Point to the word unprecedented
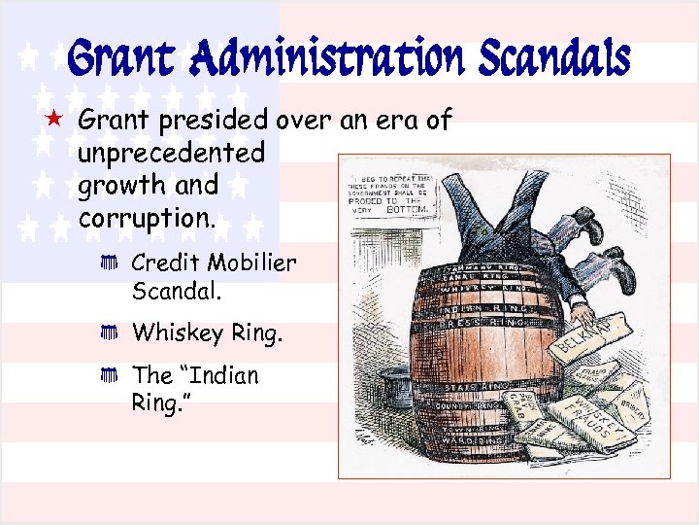(x=171, y=153)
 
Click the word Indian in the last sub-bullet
(x=218, y=375)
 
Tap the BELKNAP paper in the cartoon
(x=588, y=335)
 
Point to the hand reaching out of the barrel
(x=582, y=313)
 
